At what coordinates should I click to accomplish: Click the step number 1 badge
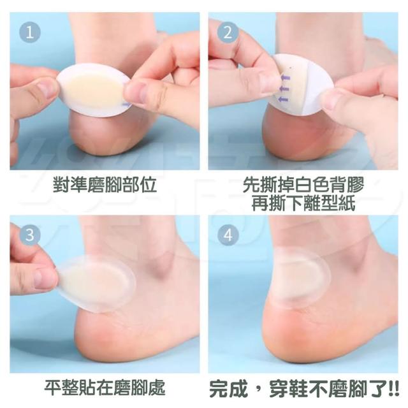[30, 33]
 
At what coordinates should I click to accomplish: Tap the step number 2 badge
[228, 33]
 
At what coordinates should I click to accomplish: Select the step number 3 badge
[30, 235]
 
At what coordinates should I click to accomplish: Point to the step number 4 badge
[228, 235]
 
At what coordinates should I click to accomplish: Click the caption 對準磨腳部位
[105, 185]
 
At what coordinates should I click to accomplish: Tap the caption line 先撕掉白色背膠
[303, 185]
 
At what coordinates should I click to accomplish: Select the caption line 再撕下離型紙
[303, 203]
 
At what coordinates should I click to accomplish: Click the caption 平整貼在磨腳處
[105, 388]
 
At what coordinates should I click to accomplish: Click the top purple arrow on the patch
[285, 77]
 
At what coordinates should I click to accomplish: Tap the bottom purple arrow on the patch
[283, 99]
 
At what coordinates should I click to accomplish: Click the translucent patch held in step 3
[96, 284]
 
